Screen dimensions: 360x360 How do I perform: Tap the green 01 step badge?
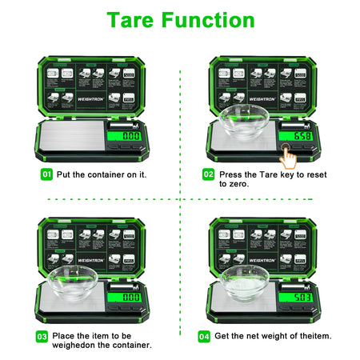click(x=47, y=174)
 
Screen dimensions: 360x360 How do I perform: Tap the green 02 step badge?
click(x=208, y=174)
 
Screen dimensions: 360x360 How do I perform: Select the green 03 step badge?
click(x=42, y=337)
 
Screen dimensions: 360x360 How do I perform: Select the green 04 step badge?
click(x=204, y=337)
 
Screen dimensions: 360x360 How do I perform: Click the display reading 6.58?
click(x=301, y=136)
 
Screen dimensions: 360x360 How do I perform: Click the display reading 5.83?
click(x=301, y=298)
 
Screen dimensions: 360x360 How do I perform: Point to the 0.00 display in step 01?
click(x=130, y=136)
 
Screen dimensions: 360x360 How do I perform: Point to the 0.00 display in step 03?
click(x=130, y=298)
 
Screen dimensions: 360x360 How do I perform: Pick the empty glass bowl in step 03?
click(x=75, y=282)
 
